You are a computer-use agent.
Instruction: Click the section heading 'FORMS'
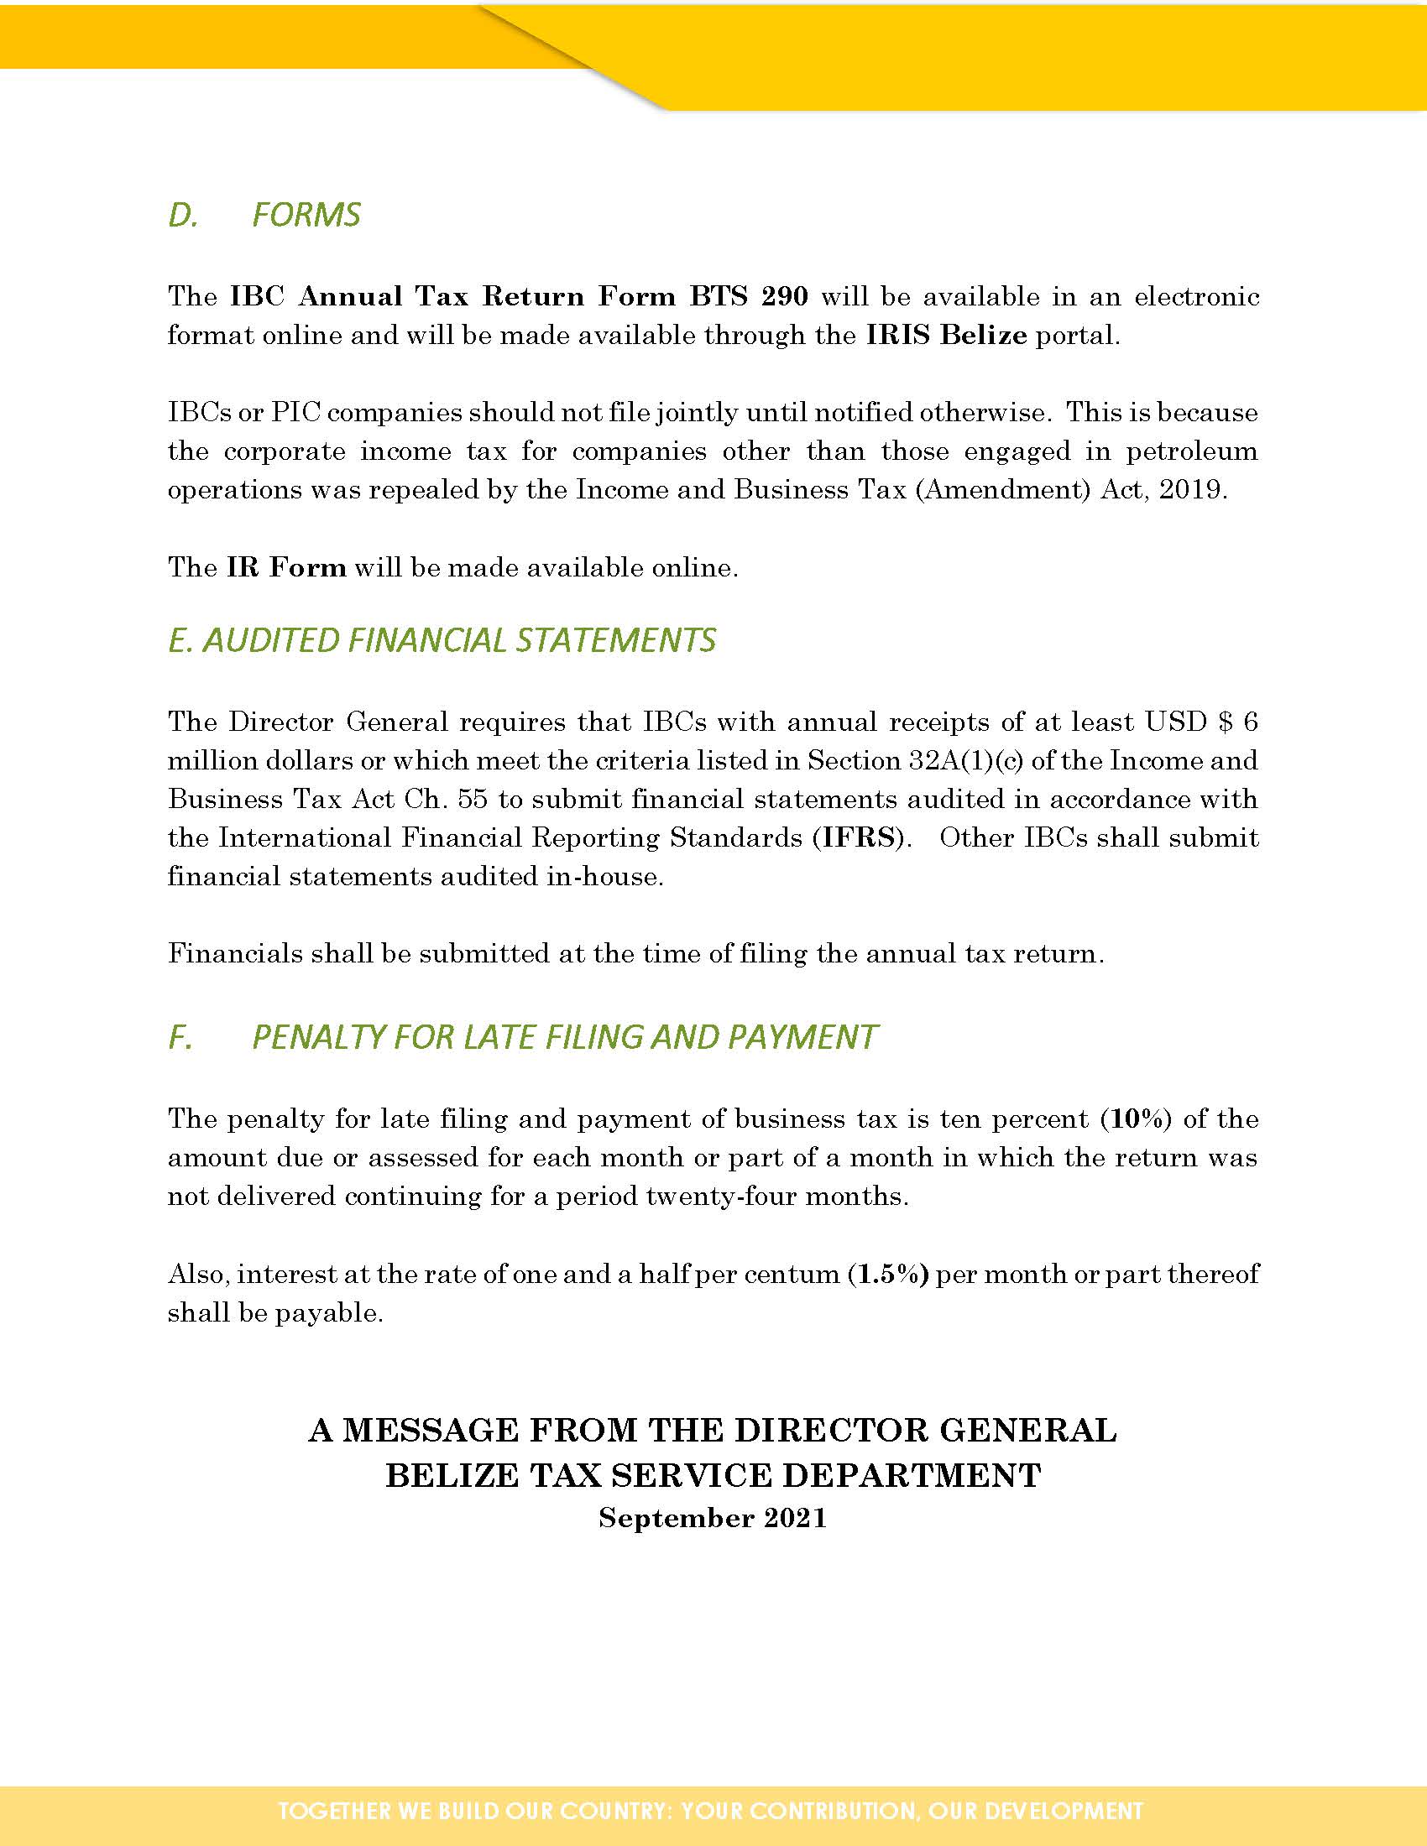click(x=306, y=215)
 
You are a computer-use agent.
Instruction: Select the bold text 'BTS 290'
click(x=748, y=297)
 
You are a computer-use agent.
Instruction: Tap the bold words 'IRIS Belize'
click(x=946, y=336)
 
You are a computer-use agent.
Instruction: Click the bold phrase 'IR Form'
click(x=286, y=567)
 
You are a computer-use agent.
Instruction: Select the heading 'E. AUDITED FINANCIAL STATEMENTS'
click(x=442, y=641)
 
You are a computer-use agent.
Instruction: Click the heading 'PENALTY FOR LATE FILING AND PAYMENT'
click(x=565, y=1037)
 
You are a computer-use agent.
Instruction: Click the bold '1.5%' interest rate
click(x=888, y=1274)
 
